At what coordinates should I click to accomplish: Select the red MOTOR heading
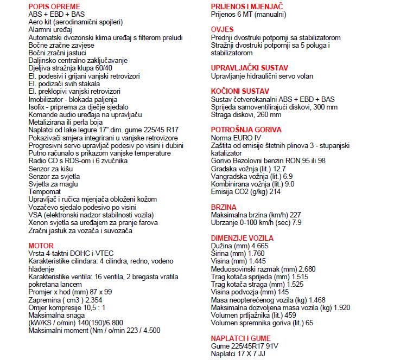pyautogui.click(x=40, y=246)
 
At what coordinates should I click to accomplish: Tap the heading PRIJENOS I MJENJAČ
pyautogui.click(x=247, y=6)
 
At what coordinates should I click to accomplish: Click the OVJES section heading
pyautogui.click(x=222, y=29)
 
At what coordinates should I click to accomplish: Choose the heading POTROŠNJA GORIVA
pyautogui.click(x=246, y=130)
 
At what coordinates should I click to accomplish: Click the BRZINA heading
pyautogui.click(x=224, y=207)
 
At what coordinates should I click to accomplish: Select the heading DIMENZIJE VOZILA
pyautogui.click(x=242, y=238)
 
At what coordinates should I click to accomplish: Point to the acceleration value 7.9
pyautogui.click(x=297, y=222)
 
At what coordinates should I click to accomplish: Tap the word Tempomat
pyautogui.click(x=45, y=192)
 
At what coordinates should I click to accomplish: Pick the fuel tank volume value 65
pyautogui.click(x=309, y=323)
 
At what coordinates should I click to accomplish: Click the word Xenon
pyautogui.click(x=38, y=222)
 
